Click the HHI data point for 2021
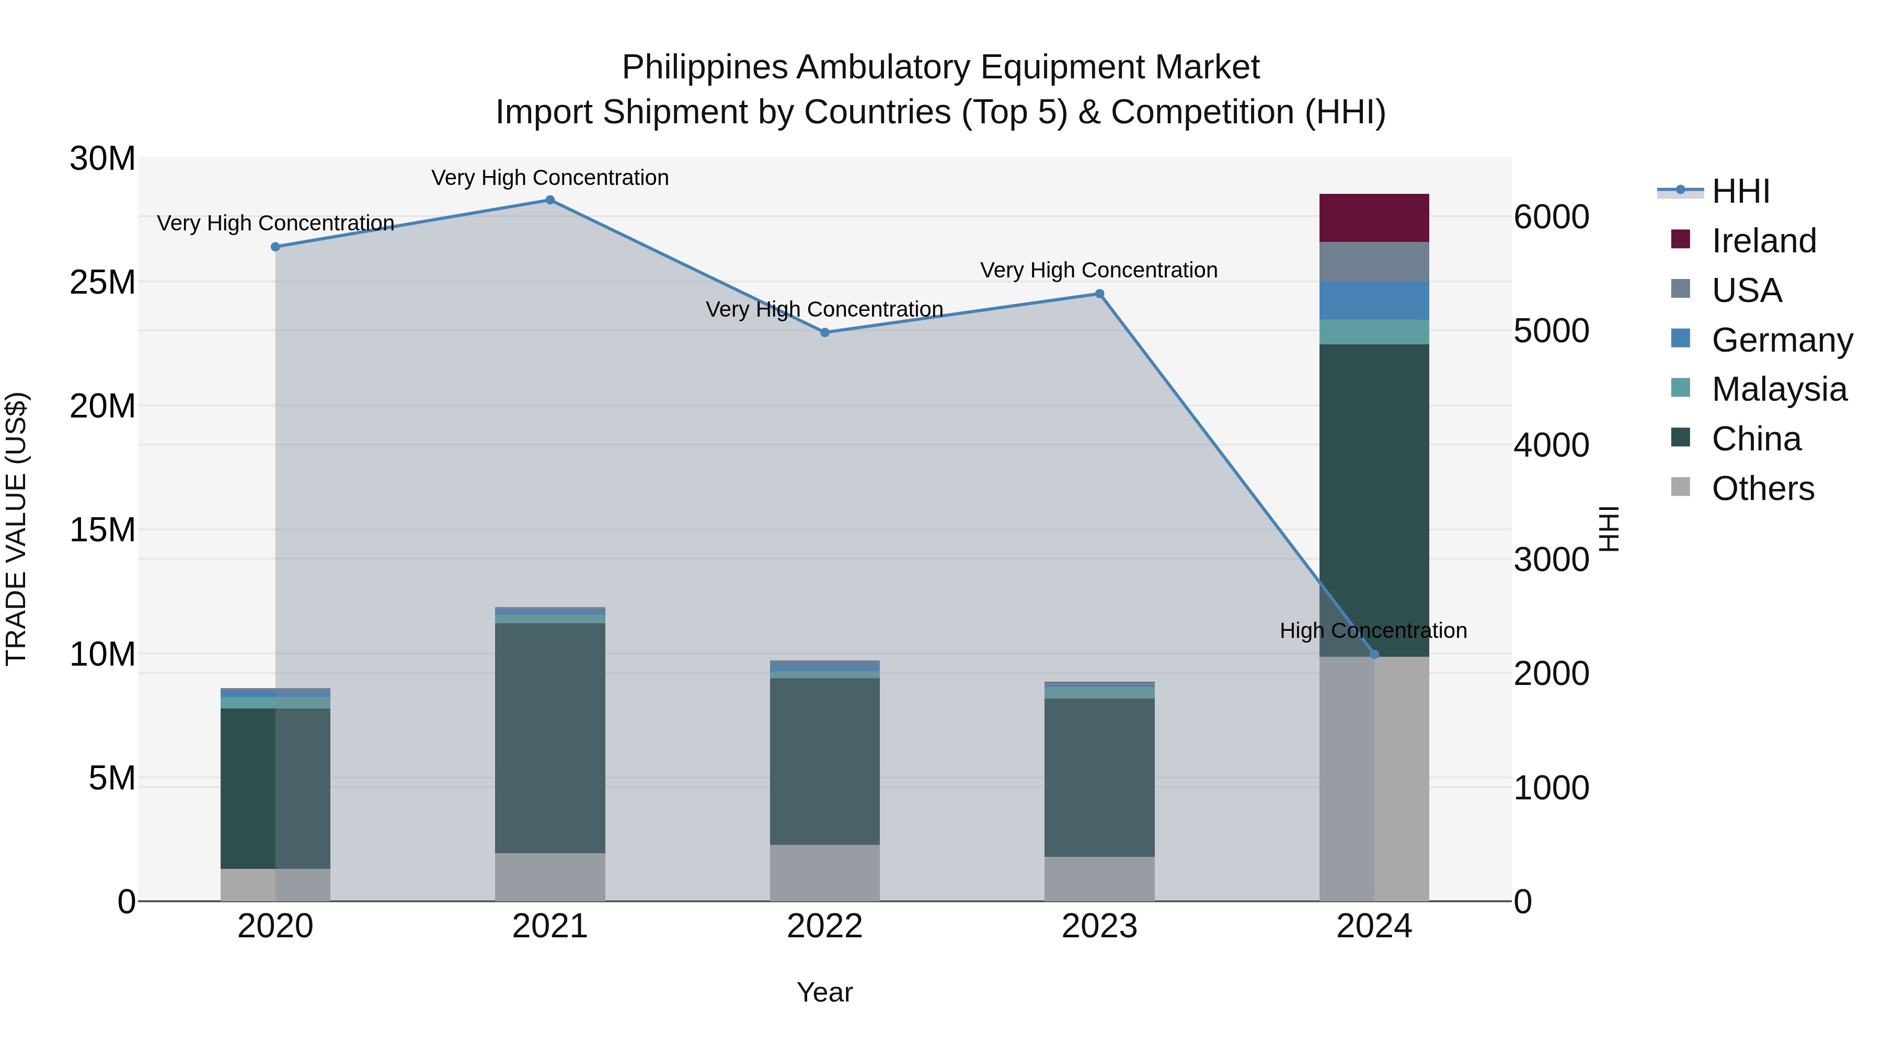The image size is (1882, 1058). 550,200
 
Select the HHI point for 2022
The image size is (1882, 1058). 825,332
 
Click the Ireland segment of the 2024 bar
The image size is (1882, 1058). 1374,217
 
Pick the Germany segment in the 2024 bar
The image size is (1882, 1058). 1374,301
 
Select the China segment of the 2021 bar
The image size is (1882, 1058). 550,737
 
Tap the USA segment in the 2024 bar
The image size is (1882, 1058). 1374,261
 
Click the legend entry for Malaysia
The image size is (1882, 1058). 1778,389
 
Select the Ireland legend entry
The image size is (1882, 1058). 1763,241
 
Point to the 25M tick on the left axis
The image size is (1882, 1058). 102,282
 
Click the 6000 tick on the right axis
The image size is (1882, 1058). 1551,217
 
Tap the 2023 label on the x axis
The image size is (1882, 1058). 1099,926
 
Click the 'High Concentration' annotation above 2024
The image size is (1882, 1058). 1373,630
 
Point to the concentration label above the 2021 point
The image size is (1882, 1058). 550,178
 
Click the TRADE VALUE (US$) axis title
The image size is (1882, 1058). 16,529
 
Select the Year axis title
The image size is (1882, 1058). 825,992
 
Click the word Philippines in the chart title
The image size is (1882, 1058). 705,67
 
